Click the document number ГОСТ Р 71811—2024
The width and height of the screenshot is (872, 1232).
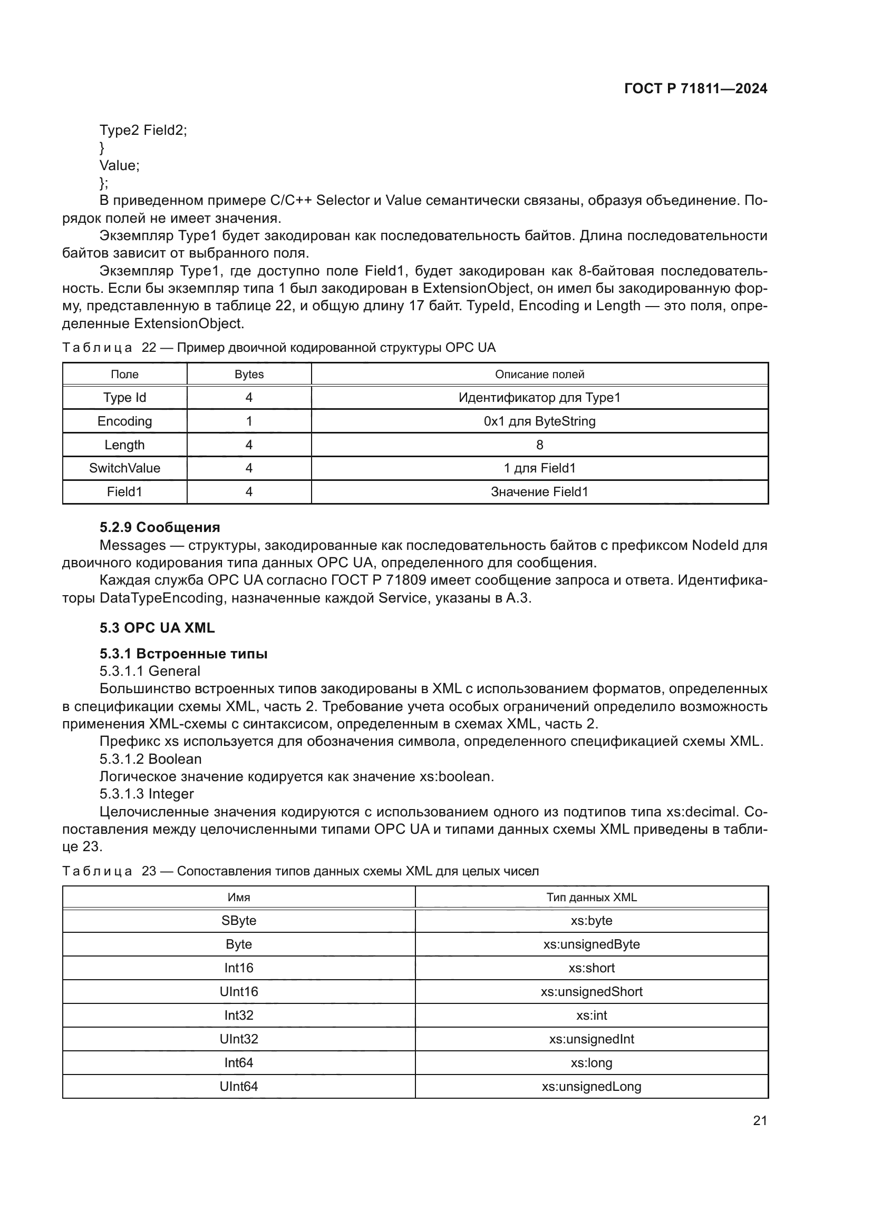pos(695,88)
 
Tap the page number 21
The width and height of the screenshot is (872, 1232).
pos(759,1120)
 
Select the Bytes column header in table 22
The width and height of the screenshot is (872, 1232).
pos(249,374)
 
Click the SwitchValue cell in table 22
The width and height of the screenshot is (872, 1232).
pos(124,468)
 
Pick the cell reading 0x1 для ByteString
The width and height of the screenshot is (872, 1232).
pos(539,421)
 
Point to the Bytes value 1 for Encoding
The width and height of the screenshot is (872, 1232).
pos(249,421)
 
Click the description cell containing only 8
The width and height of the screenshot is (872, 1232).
pos(539,445)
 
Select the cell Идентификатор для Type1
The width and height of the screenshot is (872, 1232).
pos(539,398)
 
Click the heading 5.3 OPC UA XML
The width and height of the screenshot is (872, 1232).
pos(157,628)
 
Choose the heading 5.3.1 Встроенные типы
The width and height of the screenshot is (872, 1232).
pos(183,654)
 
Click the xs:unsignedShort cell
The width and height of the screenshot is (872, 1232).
pos(591,992)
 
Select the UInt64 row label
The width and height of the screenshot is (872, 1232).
pos(238,1086)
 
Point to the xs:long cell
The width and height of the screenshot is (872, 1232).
pos(591,1062)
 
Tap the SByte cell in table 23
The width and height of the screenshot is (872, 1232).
pos(238,920)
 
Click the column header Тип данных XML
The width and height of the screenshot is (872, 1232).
pos(591,897)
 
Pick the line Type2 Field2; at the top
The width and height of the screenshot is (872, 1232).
pos(143,130)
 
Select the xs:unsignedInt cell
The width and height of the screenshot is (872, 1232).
pos(591,1039)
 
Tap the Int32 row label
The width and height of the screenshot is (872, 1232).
pos(238,1015)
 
